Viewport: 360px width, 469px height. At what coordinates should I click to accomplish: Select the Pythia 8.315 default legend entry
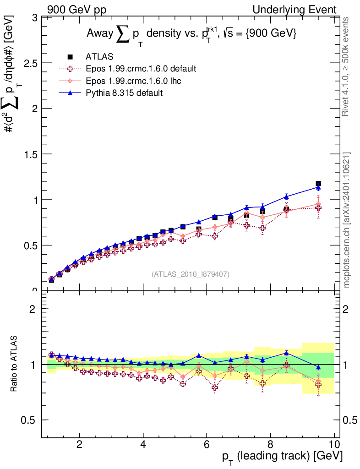click(124, 93)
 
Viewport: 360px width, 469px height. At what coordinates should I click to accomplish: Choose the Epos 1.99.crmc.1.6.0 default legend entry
click(141, 69)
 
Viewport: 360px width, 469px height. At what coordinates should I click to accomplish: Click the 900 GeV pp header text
click(76, 10)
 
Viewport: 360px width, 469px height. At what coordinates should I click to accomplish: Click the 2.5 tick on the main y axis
click(30, 63)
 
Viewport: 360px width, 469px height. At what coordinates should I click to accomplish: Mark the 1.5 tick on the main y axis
click(30, 154)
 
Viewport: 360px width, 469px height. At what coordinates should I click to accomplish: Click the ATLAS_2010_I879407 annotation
click(191, 274)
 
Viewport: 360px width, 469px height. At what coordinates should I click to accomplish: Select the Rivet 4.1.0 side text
click(346, 66)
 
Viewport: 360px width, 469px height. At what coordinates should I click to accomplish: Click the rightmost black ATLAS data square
click(318, 184)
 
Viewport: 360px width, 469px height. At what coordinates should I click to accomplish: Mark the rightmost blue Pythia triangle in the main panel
click(318, 187)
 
